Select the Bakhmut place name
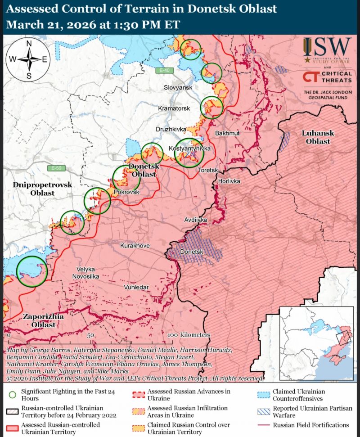pyautogui.click(x=228, y=134)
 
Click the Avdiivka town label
pyautogui.click(x=196, y=220)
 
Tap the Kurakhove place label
pyautogui.click(x=135, y=246)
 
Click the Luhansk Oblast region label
pyautogui.click(x=316, y=137)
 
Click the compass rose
pyautogui.click(x=29, y=59)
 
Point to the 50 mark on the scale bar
pyautogui.click(x=90, y=335)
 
